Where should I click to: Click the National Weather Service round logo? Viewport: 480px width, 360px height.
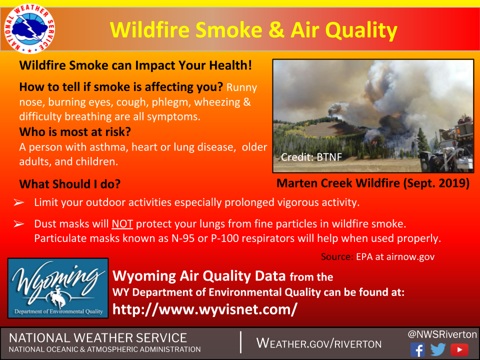pyautogui.click(x=29, y=29)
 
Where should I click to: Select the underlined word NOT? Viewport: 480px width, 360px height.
pyautogui.click(x=122, y=224)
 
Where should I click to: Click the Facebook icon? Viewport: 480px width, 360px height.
pyautogui.click(x=417, y=349)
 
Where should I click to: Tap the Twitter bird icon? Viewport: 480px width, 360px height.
pyautogui.click(x=438, y=349)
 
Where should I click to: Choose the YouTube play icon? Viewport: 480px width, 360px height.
pyautogui.click(x=459, y=349)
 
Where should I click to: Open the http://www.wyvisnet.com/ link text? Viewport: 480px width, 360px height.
pyautogui.click(x=205, y=309)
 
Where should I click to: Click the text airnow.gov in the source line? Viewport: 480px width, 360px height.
pyautogui.click(x=410, y=256)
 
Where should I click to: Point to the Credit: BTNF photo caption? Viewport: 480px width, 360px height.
pyautogui.click(x=311, y=157)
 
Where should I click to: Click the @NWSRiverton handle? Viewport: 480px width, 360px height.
pyautogui.click(x=442, y=334)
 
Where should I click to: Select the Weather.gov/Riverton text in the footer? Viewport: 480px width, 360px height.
pyautogui.click(x=318, y=343)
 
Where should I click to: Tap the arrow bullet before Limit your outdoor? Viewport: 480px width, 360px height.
pyautogui.click(x=18, y=202)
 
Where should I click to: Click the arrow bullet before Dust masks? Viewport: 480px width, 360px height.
pyautogui.click(x=18, y=224)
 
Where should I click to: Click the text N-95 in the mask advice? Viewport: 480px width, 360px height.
pyautogui.click(x=183, y=238)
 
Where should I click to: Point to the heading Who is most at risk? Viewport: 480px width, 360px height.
pyautogui.click(x=75, y=132)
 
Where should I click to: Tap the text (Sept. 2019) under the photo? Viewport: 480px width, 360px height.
pyautogui.click(x=436, y=183)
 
